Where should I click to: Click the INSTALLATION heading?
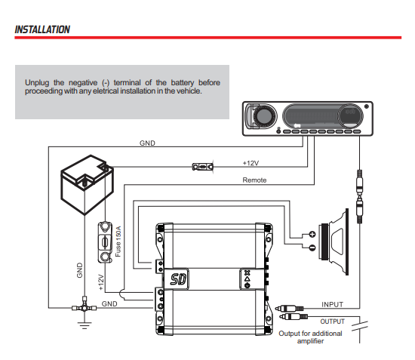click(43, 29)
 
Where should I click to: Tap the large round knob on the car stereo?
click(264, 117)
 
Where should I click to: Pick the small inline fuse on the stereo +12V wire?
click(204, 166)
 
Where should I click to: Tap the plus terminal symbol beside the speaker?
click(311, 233)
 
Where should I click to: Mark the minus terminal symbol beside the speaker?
click(311, 246)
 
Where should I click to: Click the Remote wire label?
click(254, 180)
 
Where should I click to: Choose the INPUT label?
click(332, 304)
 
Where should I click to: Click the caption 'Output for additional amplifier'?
click(310, 337)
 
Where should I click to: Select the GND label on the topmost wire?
click(149, 143)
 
